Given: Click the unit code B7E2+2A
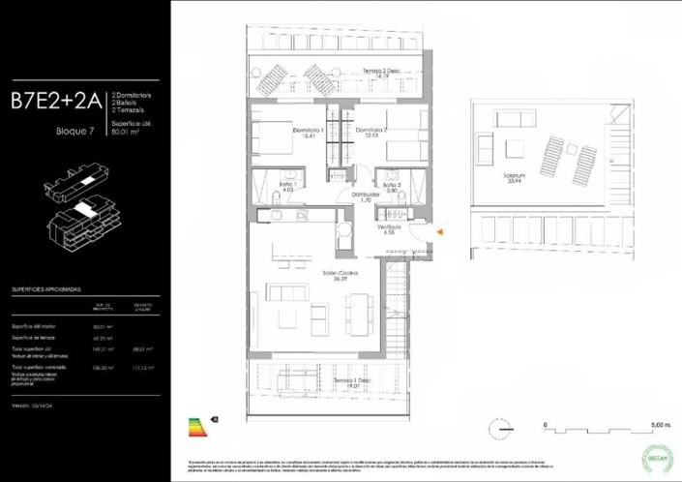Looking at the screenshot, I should (56, 100).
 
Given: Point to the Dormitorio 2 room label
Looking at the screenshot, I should (371, 133).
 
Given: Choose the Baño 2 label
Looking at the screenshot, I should (391, 187).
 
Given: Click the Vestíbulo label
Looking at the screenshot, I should (389, 229).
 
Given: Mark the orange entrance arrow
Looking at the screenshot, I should (440, 231).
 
